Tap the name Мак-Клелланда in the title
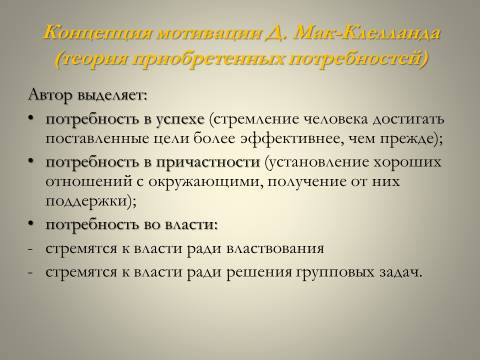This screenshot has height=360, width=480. coord(368,33)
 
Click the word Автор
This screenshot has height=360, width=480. coord(50,95)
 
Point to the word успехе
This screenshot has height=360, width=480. coord(180,120)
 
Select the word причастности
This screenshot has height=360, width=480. coord(208,163)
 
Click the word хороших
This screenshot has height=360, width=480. coord(407,163)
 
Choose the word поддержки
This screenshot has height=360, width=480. coord(86,201)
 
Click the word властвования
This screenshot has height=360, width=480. coord(275,249)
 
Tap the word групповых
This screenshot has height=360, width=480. coord(335,273)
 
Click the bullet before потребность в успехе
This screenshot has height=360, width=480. coord(31,119)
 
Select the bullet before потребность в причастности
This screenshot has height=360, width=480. coord(31,162)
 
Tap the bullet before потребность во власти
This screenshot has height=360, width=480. coord(31,224)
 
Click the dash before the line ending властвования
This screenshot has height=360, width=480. coord(30,250)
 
